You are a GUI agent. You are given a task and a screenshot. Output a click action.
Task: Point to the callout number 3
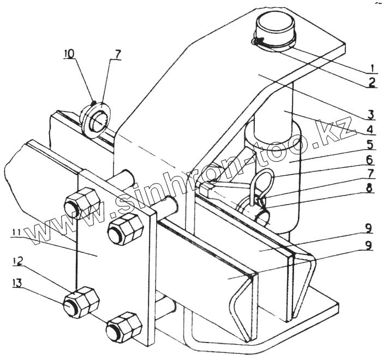pos(371,114)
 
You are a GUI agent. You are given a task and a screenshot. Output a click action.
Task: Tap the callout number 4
pos(370,129)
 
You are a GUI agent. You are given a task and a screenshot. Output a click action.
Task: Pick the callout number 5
pos(370,145)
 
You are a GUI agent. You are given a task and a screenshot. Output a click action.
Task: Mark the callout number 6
pos(369,160)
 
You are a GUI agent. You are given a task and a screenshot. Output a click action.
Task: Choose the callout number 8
pos(369,189)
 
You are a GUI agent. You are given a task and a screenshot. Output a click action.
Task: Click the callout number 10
pos(69,54)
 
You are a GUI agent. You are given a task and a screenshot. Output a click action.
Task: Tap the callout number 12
pos(18,262)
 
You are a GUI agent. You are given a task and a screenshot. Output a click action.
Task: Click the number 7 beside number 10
pos(116,55)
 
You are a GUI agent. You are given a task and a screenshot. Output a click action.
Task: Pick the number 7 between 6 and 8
pos(369,174)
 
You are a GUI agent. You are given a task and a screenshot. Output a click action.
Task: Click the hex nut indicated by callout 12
pos(82,302)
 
